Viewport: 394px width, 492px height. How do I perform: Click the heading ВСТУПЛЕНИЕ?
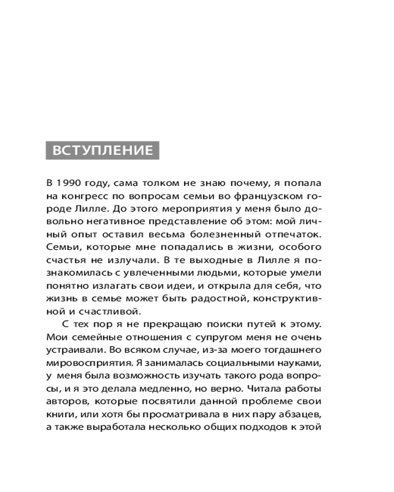[x=102, y=150]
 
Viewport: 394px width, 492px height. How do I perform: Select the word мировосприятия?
[x=86, y=363]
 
